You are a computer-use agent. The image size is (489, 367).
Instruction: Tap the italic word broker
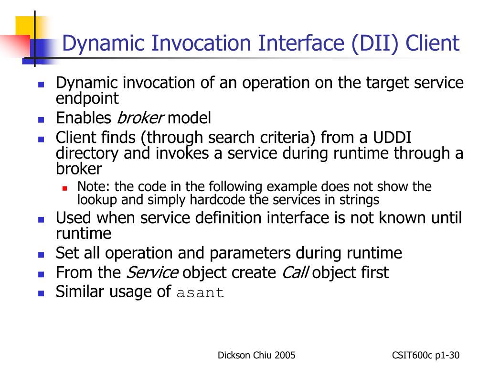(x=140, y=118)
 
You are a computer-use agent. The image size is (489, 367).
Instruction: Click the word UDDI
(x=392, y=137)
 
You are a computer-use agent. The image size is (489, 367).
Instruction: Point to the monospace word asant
(x=200, y=293)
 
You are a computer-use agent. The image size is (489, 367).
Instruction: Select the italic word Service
(x=152, y=272)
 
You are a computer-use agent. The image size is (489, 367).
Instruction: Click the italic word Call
(x=295, y=272)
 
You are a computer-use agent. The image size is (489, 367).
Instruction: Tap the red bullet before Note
(x=65, y=188)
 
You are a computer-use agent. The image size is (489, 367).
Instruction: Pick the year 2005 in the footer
(x=285, y=355)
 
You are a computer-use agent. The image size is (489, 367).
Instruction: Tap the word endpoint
(x=87, y=98)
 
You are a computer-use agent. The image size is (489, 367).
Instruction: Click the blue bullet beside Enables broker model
(x=41, y=119)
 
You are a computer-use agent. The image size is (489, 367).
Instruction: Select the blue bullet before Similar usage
(x=41, y=293)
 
